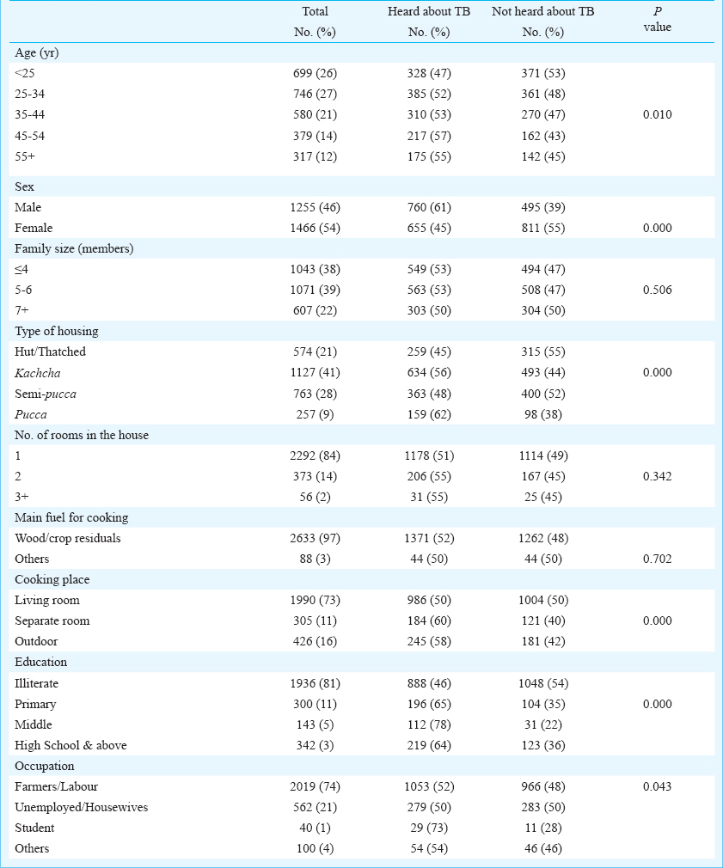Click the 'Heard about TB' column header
click(428, 12)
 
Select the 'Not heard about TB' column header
click(542, 12)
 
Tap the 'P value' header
click(657, 20)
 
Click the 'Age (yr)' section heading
click(37, 53)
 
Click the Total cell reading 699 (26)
click(315, 73)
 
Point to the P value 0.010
click(657, 114)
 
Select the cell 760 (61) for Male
click(429, 208)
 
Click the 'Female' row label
click(34, 228)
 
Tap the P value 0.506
click(657, 290)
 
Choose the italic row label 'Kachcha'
click(38, 373)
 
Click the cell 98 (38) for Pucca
click(543, 414)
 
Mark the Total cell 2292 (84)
click(315, 456)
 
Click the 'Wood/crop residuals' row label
click(68, 539)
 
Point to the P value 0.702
click(657, 559)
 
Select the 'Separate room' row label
click(52, 621)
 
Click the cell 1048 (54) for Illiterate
click(543, 684)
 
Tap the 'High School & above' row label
click(70, 746)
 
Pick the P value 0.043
click(657, 786)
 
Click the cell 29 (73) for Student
click(429, 828)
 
